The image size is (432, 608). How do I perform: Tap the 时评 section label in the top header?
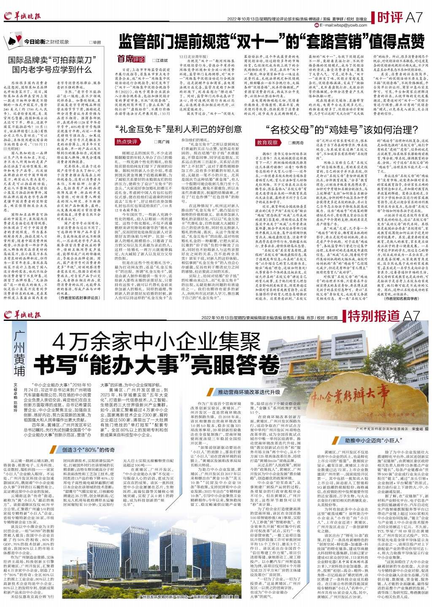[389, 18]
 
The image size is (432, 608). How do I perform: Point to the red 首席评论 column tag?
[131, 59]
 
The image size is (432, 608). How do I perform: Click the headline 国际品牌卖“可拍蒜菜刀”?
[52, 60]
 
